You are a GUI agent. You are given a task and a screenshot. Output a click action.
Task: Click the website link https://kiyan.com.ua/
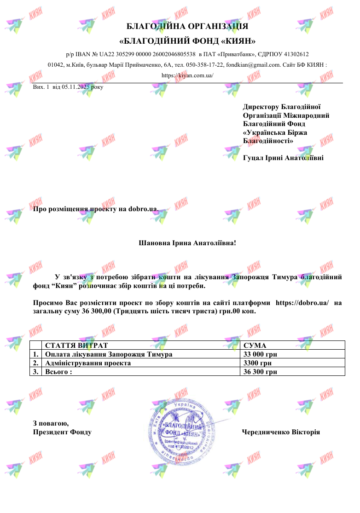[x=188, y=75]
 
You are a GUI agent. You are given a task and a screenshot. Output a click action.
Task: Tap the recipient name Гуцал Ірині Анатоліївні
[x=283, y=158]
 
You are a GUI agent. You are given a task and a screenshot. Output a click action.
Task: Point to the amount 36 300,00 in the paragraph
[x=96, y=311]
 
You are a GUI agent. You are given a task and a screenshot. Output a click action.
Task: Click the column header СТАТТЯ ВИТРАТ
[x=76, y=346]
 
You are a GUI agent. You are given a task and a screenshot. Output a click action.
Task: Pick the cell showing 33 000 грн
[x=260, y=354]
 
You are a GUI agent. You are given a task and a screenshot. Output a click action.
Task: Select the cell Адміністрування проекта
[x=88, y=363]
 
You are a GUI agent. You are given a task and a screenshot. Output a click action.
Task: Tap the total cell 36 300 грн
[x=260, y=372]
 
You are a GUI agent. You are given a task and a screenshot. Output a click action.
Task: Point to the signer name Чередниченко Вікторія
[x=281, y=432]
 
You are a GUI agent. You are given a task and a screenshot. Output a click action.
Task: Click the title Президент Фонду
[x=62, y=432]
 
